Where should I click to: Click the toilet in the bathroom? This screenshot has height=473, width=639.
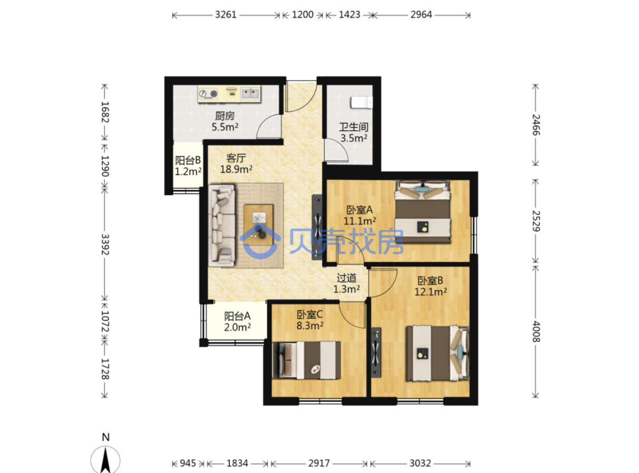pyautogui.click(x=361, y=102)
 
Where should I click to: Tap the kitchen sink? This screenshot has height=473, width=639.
pyautogui.click(x=250, y=93)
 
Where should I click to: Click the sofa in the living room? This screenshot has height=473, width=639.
pyautogui.click(x=222, y=225)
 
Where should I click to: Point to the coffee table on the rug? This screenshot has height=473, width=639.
pyautogui.click(x=259, y=225)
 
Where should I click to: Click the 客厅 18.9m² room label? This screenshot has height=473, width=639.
pyautogui.click(x=236, y=164)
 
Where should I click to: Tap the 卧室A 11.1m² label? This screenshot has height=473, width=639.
pyautogui.click(x=360, y=215)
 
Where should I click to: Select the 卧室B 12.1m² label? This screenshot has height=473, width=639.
pyautogui.click(x=430, y=286)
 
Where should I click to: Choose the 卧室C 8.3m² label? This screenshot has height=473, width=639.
pyautogui.click(x=310, y=320)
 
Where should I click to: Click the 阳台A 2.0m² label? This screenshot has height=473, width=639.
pyautogui.click(x=238, y=322)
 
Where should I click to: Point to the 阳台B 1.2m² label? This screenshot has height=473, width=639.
pyautogui.click(x=188, y=165)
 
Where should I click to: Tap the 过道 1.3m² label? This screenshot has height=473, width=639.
pyautogui.click(x=346, y=283)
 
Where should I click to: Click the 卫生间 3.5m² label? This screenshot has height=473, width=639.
pyautogui.click(x=354, y=133)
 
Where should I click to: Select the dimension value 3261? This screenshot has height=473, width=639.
pyautogui.click(x=226, y=15)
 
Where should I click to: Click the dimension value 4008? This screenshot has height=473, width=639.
pyautogui.click(x=536, y=331)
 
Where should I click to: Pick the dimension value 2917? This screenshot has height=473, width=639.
pyautogui.click(x=319, y=463)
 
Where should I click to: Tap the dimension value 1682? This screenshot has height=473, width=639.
pyautogui.click(x=105, y=112)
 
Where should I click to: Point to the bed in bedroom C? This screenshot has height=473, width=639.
pyautogui.click(x=307, y=360)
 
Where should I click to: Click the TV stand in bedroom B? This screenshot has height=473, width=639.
pyautogui.click(x=376, y=352)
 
